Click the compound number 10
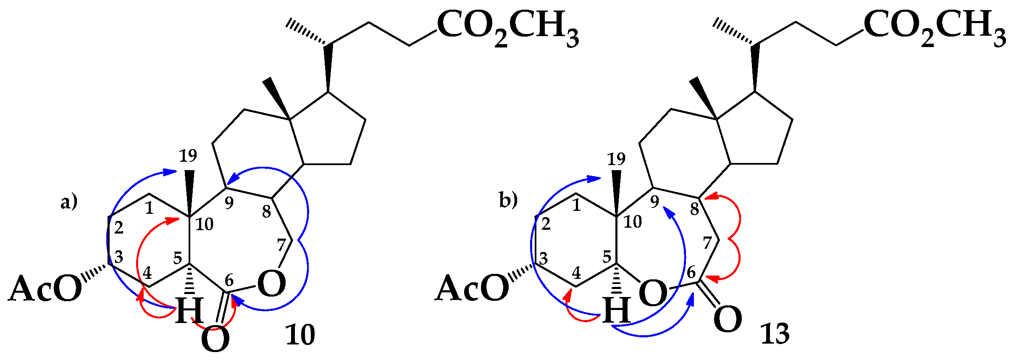tap(300, 335)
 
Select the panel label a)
tap(69, 202)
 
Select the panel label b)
tap(508, 200)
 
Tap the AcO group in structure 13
tap(472, 289)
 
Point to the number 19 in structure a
tap(188, 156)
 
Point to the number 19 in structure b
tap(616, 159)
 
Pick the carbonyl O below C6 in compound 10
tap(215, 339)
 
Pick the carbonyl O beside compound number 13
tap(728, 320)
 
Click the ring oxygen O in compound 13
tap(652, 293)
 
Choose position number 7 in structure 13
tap(707, 243)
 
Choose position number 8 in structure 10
tap(266, 212)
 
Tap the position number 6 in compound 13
tap(691, 272)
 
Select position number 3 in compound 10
tap(119, 256)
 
